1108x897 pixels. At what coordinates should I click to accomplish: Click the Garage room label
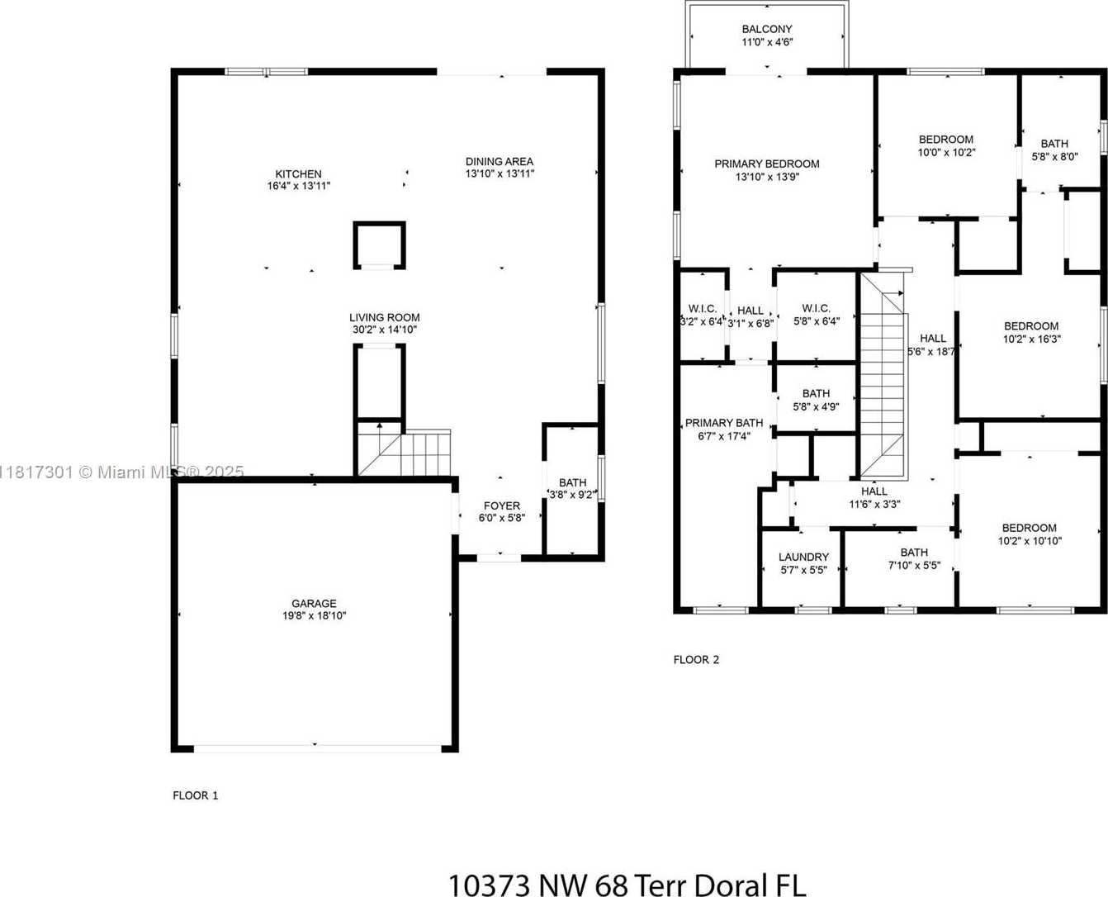tap(314, 604)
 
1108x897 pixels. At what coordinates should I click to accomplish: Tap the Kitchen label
tap(298, 173)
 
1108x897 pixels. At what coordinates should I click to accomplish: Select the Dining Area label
tap(500, 161)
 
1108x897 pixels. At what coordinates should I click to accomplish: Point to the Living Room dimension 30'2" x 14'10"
tap(385, 330)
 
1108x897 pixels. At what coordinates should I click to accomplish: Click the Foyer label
tap(502, 505)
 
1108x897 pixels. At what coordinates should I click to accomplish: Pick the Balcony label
tap(767, 29)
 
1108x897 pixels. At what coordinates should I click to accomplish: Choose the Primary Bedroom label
tap(767, 164)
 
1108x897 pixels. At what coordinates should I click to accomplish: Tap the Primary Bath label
tap(724, 423)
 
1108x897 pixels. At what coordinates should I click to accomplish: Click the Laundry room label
tap(803, 558)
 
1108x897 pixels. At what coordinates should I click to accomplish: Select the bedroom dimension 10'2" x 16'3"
tap(1032, 339)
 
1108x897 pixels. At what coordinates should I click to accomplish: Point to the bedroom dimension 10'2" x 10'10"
tap(1030, 541)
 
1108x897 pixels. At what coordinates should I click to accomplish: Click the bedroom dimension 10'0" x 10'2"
tap(947, 153)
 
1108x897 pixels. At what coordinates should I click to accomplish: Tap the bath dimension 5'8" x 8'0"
tap(1054, 156)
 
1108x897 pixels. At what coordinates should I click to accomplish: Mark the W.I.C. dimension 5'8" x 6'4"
tap(817, 321)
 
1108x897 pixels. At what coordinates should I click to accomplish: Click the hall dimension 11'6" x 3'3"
tap(874, 504)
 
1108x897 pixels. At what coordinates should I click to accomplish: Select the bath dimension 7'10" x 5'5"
tap(914, 566)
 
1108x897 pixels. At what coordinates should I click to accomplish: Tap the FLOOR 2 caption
tap(696, 660)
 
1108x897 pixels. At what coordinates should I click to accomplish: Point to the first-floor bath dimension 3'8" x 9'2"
tap(571, 495)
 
